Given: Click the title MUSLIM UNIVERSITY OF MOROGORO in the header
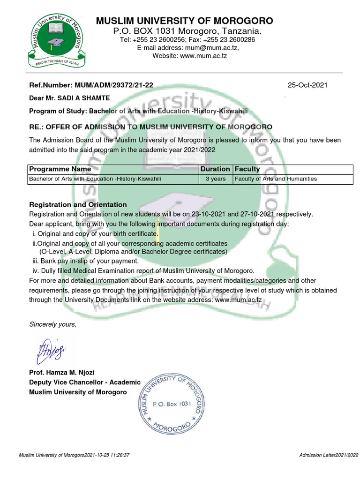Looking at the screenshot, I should (x=184, y=21).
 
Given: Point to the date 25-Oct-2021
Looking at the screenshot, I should (x=307, y=85).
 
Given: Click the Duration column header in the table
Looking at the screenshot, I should (x=215, y=169).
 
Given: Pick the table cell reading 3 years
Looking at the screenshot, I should (x=215, y=179).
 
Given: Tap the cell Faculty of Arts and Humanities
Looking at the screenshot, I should (x=276, y=179).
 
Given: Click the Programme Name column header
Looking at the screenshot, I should (x=60, y=169).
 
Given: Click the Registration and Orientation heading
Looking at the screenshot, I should (x=78, y=204).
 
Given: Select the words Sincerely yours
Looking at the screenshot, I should (x=52, y=324).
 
